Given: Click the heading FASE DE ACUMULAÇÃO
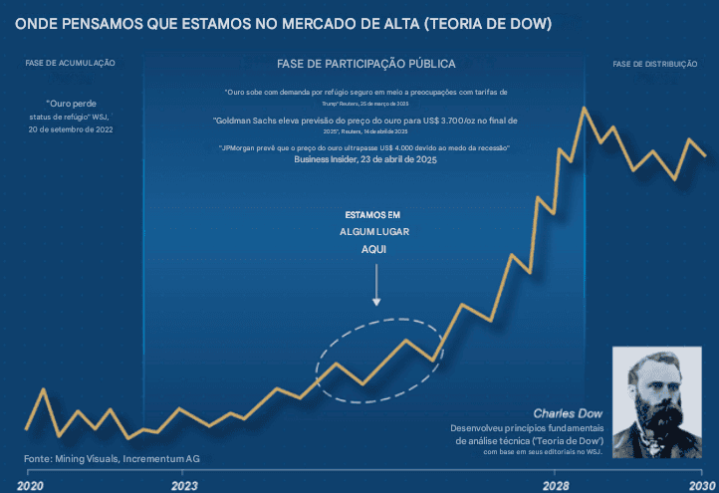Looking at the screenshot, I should [71, 63].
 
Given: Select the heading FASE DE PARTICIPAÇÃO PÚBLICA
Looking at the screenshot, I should [366, 64].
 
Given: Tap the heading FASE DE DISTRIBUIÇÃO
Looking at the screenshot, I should [654, 64].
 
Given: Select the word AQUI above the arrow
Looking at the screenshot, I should [373, 250].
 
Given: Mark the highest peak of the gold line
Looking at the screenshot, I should [582, 108].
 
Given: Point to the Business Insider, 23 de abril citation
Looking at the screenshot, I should [365, 158].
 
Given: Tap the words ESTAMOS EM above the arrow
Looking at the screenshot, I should [372, 214].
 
